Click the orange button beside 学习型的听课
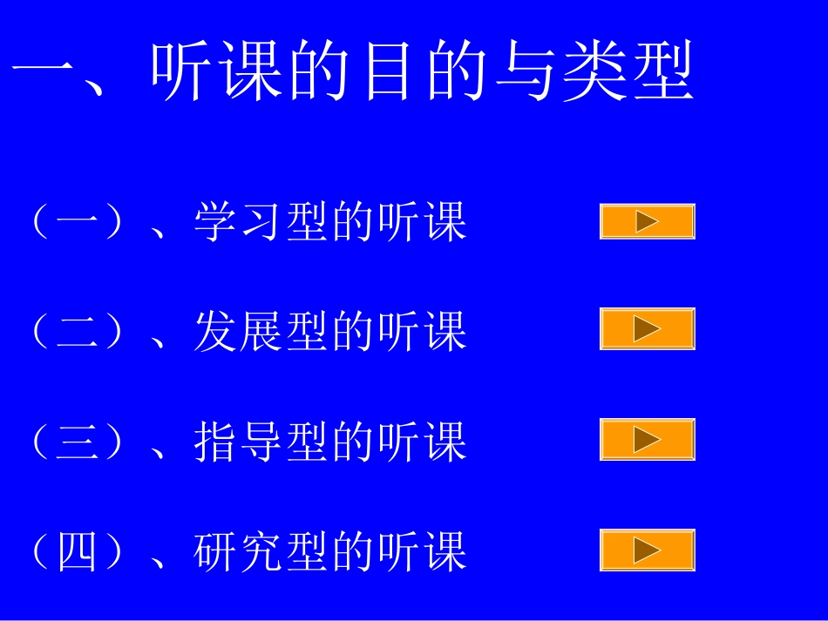coord(647,221)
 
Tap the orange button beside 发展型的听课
coord(647,328)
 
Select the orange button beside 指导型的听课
coord(647,439)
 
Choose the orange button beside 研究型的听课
coord(647,550)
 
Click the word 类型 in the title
coord(628,71)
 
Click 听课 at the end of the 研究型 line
coord(424,552)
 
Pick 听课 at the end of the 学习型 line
coord(424,222)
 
